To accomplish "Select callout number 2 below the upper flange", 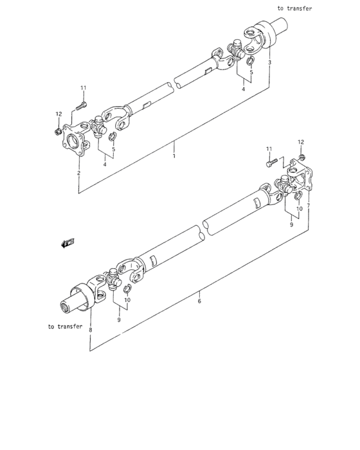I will pos(78,173).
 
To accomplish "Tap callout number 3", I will pos(269,62).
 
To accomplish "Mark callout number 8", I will pos(91,330).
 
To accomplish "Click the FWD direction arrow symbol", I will pos(66,243).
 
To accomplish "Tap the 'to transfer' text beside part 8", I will pos(65,327).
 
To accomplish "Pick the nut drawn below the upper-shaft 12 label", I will pos(59,132).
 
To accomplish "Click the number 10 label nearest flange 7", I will pos(300,209).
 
